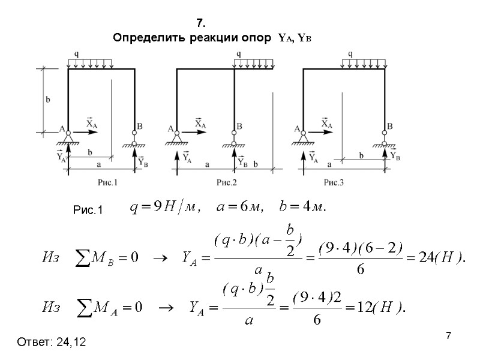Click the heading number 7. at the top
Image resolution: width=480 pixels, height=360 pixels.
(202, 24)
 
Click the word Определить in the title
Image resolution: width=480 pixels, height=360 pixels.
(142, 38)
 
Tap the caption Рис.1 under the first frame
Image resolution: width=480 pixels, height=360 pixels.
(107, 182)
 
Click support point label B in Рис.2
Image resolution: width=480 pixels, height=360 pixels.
(239, 127)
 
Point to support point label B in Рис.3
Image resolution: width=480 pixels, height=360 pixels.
(389, 127)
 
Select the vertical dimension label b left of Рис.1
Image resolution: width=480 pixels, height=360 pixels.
(47, 100)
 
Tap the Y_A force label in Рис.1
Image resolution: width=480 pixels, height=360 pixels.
(61, 157)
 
